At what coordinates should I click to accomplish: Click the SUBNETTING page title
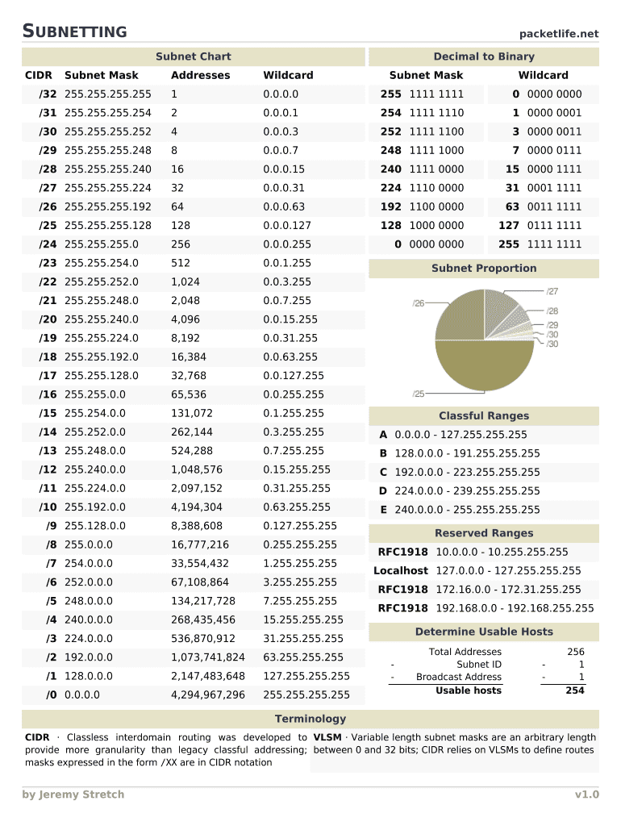[x=74, y=31]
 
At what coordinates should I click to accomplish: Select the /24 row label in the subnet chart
[x=48, y=244]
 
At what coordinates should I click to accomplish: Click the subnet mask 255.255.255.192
[x=107, y=206]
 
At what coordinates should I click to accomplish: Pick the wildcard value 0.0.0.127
[x=286, y=225]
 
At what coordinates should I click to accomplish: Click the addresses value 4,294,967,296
[x=207, y=695]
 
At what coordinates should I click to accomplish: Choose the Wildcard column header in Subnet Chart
[x=288, y=75]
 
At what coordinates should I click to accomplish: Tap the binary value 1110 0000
[x=436, y=188]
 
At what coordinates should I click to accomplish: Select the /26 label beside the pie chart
[x=419, y=303]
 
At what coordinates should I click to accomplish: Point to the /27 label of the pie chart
[x=552, y=291]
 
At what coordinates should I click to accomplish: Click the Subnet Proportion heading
[x=483, y=269]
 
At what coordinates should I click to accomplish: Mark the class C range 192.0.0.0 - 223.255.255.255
[x=467, y=472]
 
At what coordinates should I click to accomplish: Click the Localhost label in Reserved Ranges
[x=400, y=571]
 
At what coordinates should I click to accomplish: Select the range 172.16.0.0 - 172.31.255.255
[x=508, y=590]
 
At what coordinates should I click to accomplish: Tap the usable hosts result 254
[x=575, y=690]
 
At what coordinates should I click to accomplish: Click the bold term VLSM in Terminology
[x=327, y=737]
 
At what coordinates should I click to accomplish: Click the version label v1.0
[x=586, y=795]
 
